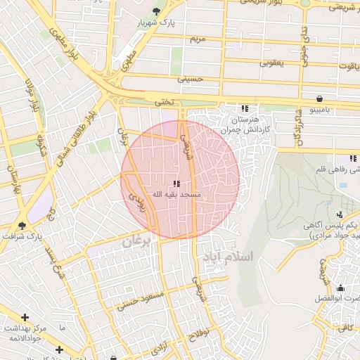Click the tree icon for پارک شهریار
[155, 11]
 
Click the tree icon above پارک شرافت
[22, 226]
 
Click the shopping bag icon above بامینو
[320, 98]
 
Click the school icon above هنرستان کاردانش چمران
[245, 108]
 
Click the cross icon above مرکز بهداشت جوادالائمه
[25, 318]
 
